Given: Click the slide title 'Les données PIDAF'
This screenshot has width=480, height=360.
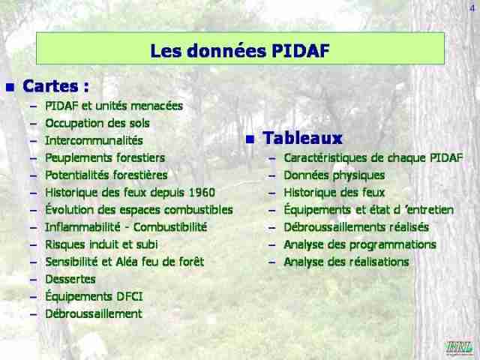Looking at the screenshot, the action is click(240, 50).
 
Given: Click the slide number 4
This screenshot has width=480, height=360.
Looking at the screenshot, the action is click(472, 8).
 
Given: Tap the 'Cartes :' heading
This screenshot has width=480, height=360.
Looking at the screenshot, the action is click(55, 86).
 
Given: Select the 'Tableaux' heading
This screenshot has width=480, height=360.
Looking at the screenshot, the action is click(302, 138).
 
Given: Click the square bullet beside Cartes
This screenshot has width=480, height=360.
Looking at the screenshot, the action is click(10, 88).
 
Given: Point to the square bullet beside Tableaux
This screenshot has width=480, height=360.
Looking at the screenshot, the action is click(250, 139).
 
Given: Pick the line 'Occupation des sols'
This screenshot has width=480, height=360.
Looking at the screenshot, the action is click(97, 123).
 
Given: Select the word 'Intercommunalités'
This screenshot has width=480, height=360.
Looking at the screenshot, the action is click(94, 140).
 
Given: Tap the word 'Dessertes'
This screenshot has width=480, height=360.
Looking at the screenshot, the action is click(70, 279).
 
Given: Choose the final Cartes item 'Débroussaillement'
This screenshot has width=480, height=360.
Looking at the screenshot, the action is click(94, 313).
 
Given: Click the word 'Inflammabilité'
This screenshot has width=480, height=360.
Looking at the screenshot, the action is click(82, 227).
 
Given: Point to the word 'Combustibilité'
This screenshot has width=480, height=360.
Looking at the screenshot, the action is click(170, 227).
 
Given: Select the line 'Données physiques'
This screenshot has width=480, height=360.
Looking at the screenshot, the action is click(334, 175).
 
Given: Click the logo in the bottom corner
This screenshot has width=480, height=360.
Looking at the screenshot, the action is click(460, 348).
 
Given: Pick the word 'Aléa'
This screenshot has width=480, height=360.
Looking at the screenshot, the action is click(126, 262).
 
